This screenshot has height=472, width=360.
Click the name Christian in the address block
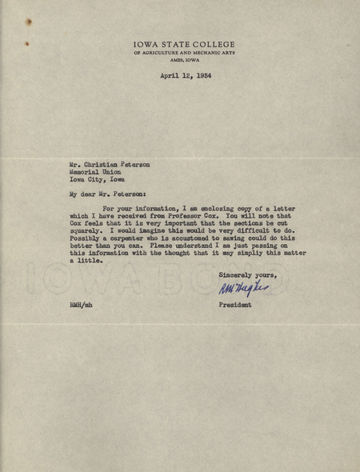[104, 163]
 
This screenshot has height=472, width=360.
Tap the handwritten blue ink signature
[242, 289]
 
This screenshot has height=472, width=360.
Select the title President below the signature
[235, 305]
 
